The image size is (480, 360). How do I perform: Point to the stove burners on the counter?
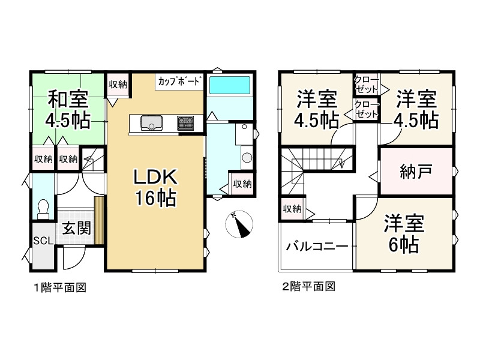point(185,123)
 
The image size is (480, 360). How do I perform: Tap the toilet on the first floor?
point(43,208)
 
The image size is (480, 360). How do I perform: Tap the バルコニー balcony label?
point(317,246)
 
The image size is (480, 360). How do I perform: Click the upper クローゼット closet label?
point(366,84)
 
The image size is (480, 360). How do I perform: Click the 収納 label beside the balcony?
point(292,209)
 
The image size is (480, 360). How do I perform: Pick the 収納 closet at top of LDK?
point(118,85)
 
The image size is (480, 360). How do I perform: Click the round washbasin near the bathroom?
point(246,158)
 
